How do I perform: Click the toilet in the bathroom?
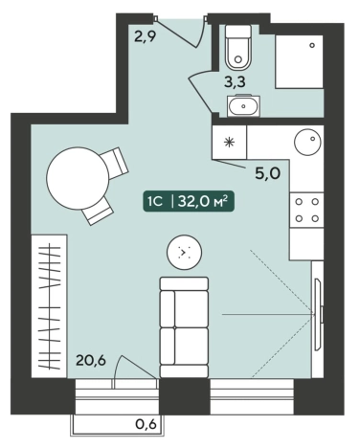[x=238, y=48]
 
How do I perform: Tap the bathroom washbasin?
[x=243, y=105]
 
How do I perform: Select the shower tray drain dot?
[x=312, y=45]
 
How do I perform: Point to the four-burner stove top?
[x=306, y=211]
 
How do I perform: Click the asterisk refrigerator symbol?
[x=229, y=142]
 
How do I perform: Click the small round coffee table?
[x=185, y=252]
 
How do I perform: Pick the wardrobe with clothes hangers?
[x=49, y=306]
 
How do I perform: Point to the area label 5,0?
[x=267, y=174]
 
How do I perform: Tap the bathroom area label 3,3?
[x=235, y=82]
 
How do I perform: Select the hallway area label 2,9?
[x=145, y=36]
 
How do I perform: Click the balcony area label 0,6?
[x=146, y=424]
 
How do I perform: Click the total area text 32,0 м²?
[x=203, y=201]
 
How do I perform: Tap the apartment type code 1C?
[x=155, y=202]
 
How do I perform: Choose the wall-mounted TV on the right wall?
[x=319, y=314]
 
